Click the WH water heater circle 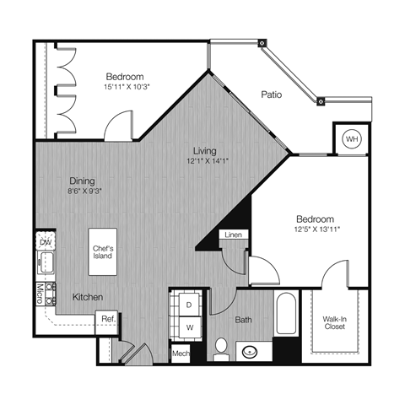[x=351, y=138]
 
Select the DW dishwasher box [x=45, y=242]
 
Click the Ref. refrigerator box [x=108, y=318]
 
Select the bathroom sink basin [x=250, y=351]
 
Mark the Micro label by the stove [x=40, y=294]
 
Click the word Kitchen [x=87, y=297]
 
